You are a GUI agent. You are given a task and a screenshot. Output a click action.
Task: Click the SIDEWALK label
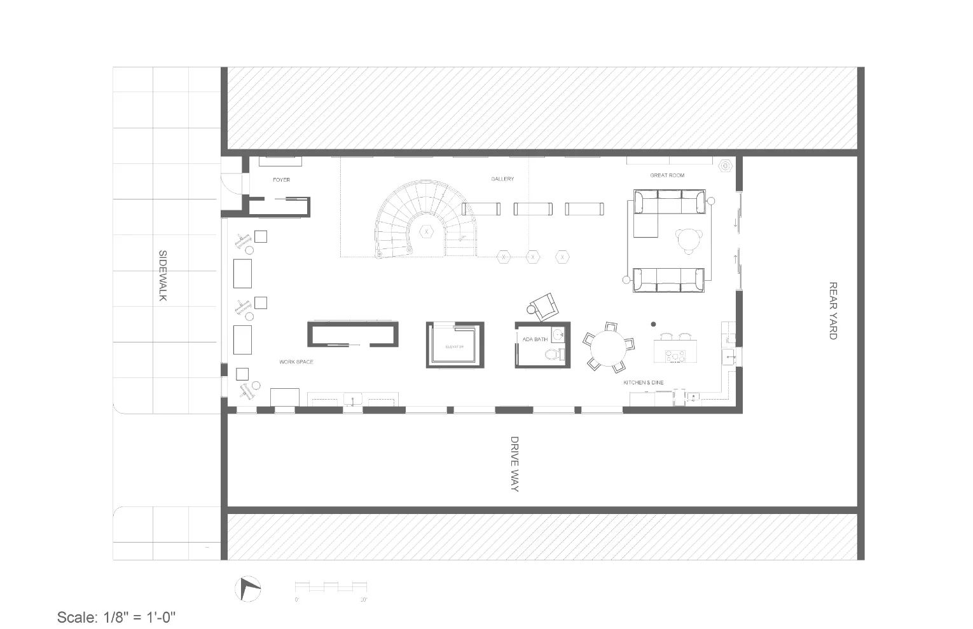(162, 276)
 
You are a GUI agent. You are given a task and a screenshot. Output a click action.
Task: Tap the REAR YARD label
(832, 311)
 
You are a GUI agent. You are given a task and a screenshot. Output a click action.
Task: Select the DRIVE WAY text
(514, 464)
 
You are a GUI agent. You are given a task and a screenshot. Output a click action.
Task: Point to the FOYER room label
(281, 180)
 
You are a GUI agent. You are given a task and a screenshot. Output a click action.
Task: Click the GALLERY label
(502, 179)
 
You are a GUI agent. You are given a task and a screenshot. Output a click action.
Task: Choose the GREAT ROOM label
(667, 175)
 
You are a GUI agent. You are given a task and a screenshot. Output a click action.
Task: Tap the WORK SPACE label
(296, 362)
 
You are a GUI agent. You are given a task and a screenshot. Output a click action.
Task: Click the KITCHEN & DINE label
(644, 382)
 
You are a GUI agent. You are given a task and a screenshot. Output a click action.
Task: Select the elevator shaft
(454, 346)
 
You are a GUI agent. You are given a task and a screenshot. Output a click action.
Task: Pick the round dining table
(609, 347)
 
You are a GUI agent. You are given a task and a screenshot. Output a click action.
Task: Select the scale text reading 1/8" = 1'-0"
(116, 617)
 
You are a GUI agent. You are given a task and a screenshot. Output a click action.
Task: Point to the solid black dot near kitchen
(653, 325)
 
